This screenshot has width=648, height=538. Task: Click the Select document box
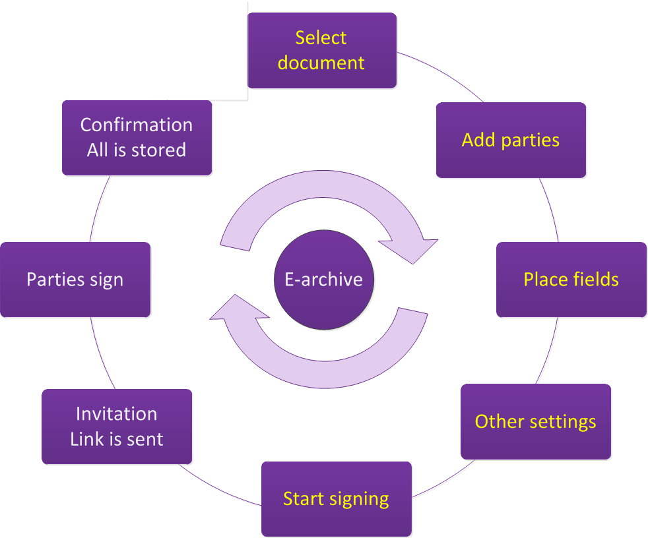tap(321, 50)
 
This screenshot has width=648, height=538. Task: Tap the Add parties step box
tap(511, 140)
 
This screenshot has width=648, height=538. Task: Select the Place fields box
tap(571, 280)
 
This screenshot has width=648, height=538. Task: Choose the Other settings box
tap(535, 421)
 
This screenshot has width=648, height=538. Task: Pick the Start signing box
tap(336, 498)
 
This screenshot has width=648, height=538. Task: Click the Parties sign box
tap(75, 280)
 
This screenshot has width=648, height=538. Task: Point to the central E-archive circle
tap(323, 279)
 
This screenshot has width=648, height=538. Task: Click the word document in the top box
tap(321, 63)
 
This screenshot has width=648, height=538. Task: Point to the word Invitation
tap(117, 414)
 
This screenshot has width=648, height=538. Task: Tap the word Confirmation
tap(137, 125)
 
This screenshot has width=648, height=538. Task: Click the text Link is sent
tap(117, 439)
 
